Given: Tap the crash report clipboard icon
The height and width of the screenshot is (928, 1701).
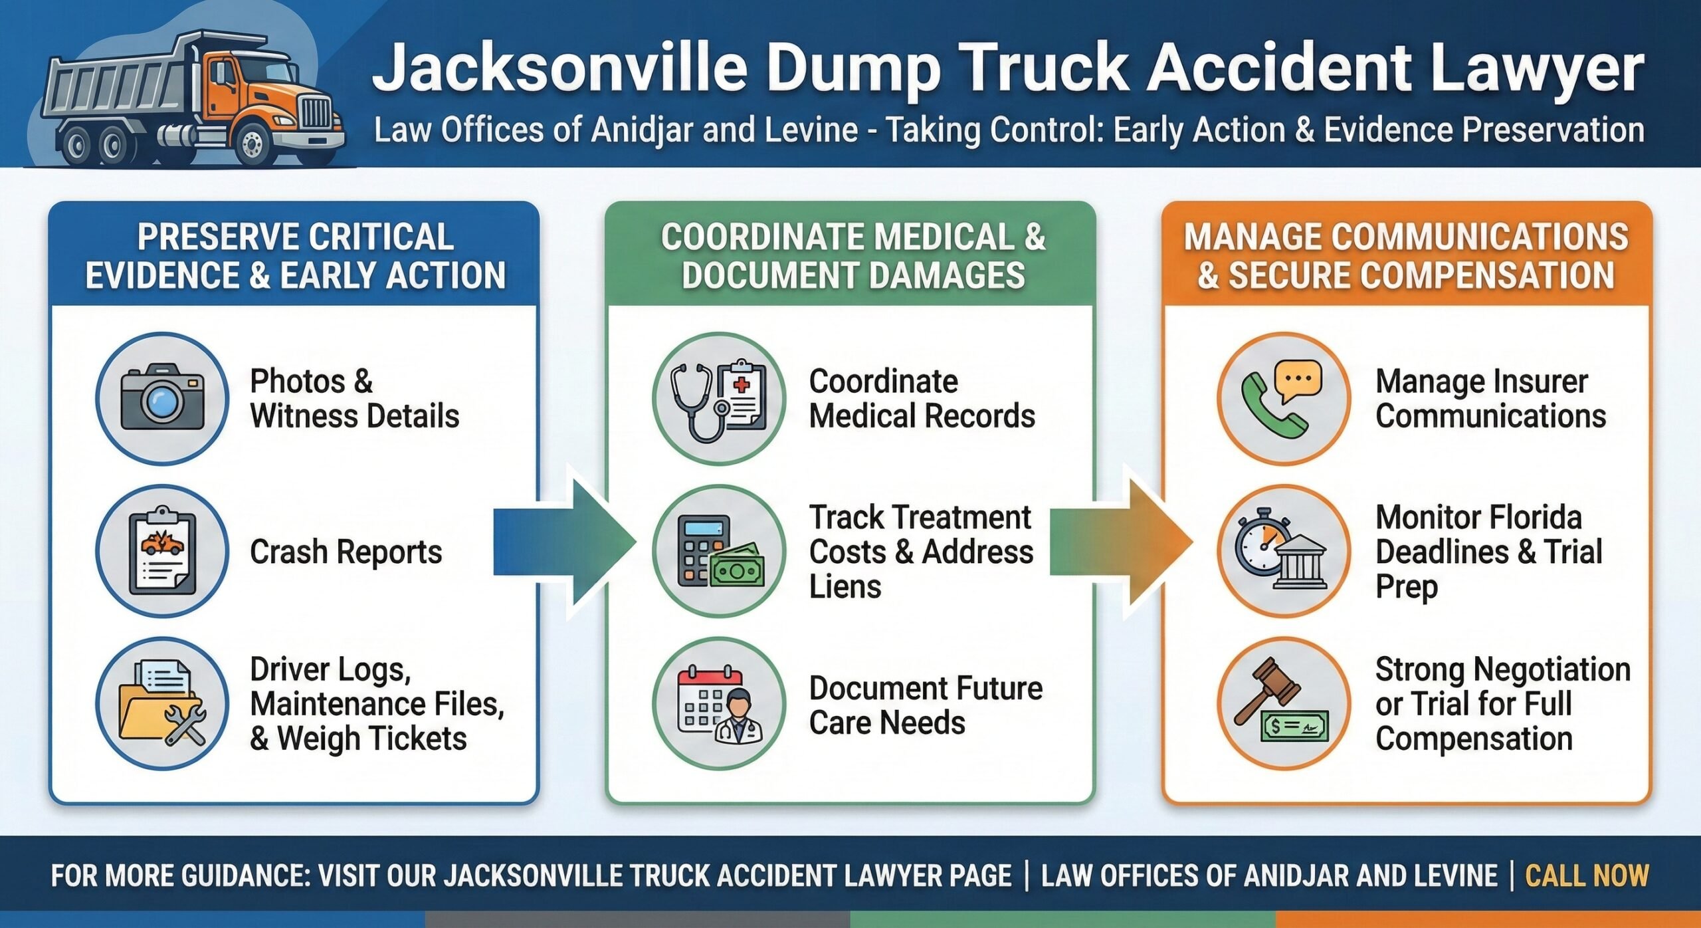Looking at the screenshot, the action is point(162,550).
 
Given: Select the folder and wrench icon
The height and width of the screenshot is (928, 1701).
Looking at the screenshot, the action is point(162,703).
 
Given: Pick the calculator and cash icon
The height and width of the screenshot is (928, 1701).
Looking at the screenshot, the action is point(719,550).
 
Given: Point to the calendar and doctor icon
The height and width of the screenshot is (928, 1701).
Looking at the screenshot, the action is point(719,703).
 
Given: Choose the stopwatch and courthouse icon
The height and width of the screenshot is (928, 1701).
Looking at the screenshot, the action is point(1284,550).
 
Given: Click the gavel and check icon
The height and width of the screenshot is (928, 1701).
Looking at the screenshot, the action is point(1284,703).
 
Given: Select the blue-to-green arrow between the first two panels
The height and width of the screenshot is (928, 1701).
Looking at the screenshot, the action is point(565,542).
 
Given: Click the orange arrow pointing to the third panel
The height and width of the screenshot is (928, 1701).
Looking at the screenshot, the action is point(1123,542).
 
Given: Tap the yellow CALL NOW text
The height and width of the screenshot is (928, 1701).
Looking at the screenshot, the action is point(1587,875).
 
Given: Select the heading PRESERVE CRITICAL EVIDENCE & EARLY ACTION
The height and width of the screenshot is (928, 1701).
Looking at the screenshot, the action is point(295,257).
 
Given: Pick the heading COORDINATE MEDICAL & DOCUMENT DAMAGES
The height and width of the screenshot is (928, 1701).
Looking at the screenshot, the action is point(853,257).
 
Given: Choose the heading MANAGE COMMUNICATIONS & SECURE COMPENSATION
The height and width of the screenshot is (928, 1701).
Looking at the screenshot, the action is point(1406,257).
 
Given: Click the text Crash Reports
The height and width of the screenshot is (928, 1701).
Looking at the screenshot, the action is point(346,552).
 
